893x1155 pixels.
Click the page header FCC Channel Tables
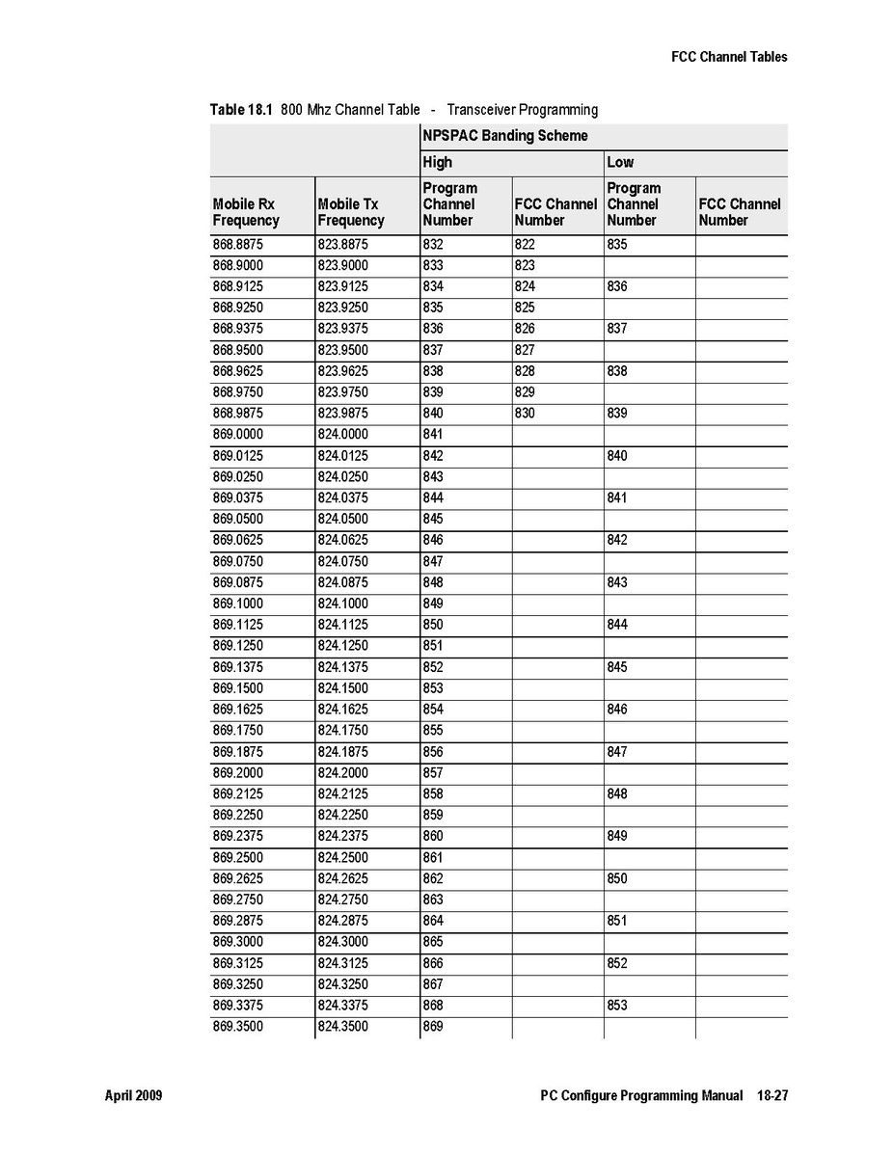[x=729, y=57]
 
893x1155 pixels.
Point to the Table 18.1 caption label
[x=241, y=110]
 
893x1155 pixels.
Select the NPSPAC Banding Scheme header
[x=504, y=136]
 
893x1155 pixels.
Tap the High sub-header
[x=437, y=162]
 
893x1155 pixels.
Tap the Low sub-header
[x=620, y=162]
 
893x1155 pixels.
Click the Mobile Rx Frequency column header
[x=246, y=212]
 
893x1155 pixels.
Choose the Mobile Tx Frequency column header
[x=351, y=212]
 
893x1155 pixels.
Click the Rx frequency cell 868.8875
[x=237, y=245]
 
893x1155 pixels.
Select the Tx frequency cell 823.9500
[x=342, y=350]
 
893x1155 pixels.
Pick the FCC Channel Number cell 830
[x=525, y=413]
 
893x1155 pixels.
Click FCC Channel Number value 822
[x=525, y=245]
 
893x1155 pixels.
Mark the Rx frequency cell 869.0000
[x=237, y=434]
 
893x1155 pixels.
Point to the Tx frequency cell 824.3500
[x=342, y=1027]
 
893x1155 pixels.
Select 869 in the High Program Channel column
[x=433, y=1027]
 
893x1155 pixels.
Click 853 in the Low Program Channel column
[x=617, y=1006]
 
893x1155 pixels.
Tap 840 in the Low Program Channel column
[x=617, y=455]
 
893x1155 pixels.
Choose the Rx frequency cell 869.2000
[x=237, y=772]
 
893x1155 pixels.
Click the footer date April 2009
[x=133, y=1096]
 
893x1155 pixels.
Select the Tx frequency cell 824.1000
[x=342, y=604]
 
